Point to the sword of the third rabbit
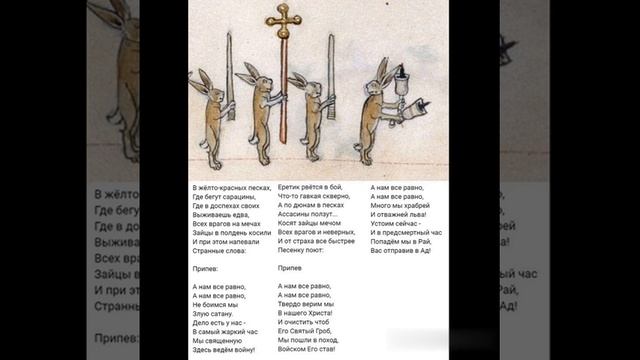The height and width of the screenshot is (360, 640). tap(330, 65)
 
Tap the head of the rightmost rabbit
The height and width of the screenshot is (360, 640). tap(381, 71)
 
